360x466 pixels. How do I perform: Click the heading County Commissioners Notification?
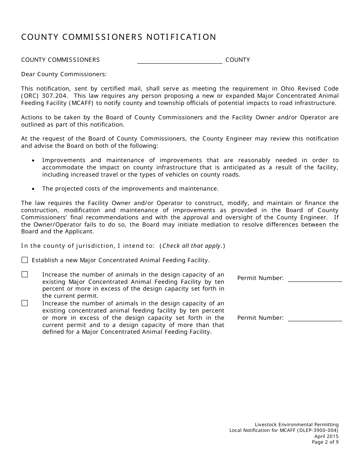coord(119,37)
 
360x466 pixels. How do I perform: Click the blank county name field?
coord(180,60)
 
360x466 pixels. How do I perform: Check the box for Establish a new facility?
coord(25,260)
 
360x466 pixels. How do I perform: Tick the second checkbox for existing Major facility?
coord(25,274)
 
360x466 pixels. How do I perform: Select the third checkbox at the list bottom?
coord(25,303)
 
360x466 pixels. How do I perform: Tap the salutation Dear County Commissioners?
coord(64,74)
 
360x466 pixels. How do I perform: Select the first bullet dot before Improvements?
coord(34,161)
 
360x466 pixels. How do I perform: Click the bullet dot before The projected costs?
coord(34,189)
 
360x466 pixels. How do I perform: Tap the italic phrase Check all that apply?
coord(192,246)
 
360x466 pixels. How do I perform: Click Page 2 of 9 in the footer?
coord(325,442)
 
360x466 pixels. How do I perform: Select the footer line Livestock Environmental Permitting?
coord(297,425)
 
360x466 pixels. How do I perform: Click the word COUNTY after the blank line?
coord(238,60)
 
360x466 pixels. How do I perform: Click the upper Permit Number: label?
coord(260,278)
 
